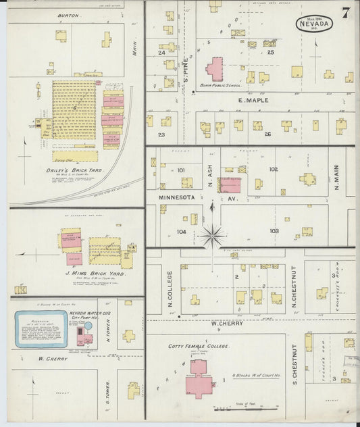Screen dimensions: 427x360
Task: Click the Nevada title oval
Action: [x=313, y=24]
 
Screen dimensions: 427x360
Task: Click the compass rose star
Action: [x=212, y=236]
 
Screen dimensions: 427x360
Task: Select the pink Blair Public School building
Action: [x=215, y=69]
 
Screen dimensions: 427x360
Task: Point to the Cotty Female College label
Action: [x=199, y=345]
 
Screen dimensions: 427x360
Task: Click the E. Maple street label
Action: [x=253, y=101]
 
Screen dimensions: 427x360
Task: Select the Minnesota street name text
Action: [x=176, y=197]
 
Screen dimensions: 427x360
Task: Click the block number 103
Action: [x=274, y=231]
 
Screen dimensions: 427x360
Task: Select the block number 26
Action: [x=267, y=134]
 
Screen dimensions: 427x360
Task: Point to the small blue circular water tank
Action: [x=88, y=326]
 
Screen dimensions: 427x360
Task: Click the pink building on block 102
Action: [x=230, y=184]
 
